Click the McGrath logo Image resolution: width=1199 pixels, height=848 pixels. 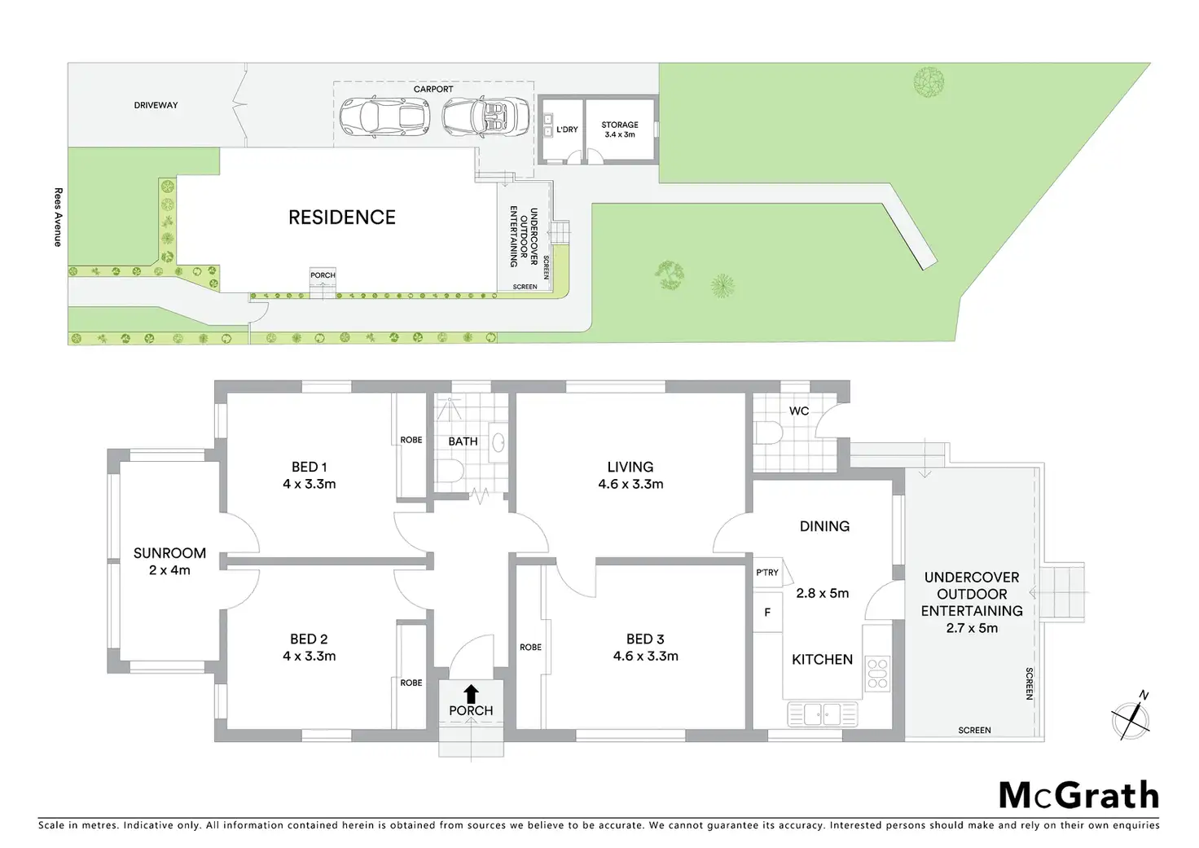[1078, 795]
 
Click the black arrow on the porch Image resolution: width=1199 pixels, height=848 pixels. [471, 693]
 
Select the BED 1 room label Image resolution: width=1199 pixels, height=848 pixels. [309, 467]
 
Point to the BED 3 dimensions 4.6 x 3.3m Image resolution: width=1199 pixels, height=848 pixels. [645, 656]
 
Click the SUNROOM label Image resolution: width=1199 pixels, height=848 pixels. [169, 553]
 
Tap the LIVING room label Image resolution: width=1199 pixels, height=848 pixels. [630, 467]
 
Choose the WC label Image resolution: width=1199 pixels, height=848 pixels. [799, 411]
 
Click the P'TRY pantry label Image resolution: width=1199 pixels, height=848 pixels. [767, 573]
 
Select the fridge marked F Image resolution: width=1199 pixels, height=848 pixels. [767, 613]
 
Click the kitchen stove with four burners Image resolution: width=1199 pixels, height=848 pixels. [877, 674]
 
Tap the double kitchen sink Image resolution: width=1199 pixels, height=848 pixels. [823, 714]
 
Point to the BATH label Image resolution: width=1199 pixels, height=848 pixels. [463, 442]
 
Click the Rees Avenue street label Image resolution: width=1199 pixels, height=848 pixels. [58, 217]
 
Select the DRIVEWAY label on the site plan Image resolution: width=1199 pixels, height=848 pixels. [156, 105]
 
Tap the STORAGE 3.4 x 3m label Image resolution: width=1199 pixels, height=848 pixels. [620, 130]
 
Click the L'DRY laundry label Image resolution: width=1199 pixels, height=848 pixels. [567, 130]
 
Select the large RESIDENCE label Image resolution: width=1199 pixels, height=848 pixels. [342, 217]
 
